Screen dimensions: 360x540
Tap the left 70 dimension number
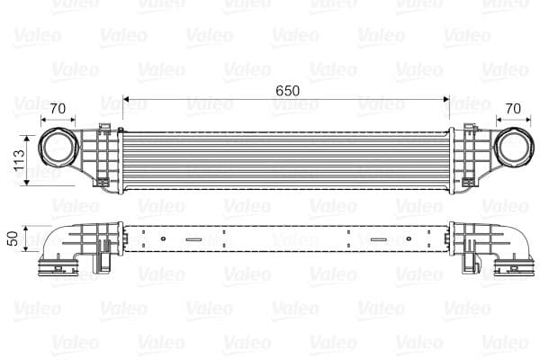(58, 110)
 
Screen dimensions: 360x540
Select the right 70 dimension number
(513, 110)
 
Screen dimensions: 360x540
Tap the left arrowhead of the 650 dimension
(127, 99)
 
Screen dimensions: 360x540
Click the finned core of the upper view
(285, 159)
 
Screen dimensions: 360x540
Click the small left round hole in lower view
(164, 239)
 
